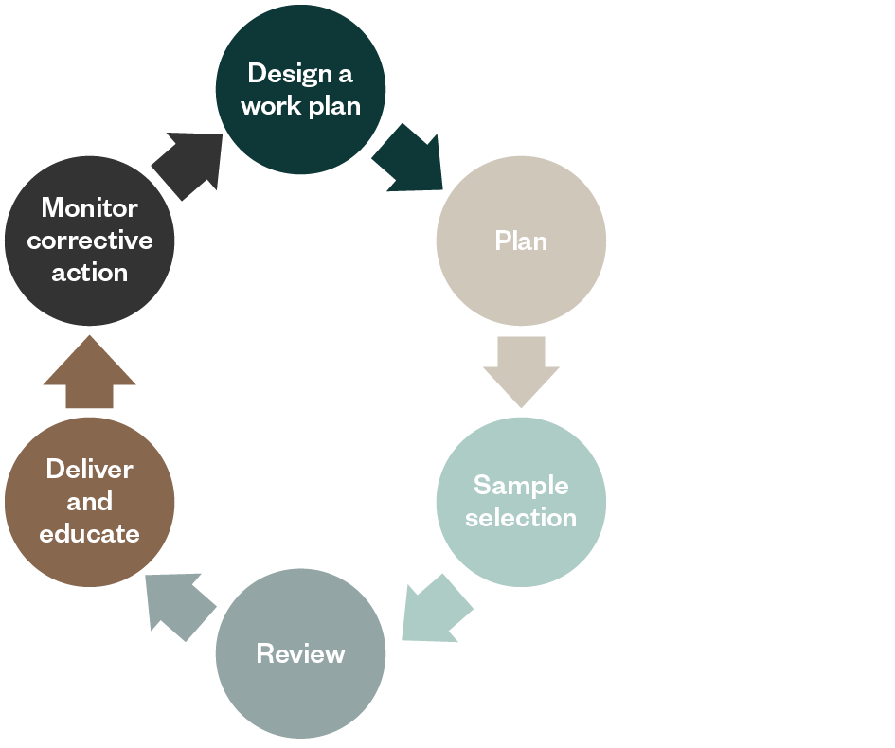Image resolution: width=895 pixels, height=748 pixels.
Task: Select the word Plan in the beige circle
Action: [x=521, y=241]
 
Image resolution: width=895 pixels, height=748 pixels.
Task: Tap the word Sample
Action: [x=521, y=486]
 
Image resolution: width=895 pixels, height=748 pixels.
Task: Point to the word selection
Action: [x=521, y=518]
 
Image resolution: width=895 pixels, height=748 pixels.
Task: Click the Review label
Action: [x=300, y=654]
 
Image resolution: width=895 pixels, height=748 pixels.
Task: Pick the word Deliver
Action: [x=90, y=470]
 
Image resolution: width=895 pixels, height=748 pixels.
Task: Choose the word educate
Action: [x=90, y=534]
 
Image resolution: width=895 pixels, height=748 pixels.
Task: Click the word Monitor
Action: [x=90, y=207]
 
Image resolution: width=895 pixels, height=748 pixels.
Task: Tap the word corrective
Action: [x=90, y=240]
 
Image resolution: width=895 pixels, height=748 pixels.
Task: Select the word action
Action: [x=90, y=273]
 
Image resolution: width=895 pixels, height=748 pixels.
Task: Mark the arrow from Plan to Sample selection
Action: [x=521, y=370]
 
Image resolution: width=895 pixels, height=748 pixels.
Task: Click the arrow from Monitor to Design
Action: [x=189, y=162]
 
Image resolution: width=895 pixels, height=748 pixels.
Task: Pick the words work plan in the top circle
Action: [x=300, y=105]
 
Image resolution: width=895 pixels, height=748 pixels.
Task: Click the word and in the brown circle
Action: [x=90, y=502]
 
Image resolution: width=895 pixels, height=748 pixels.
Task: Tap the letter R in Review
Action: [x=264, y=654]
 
